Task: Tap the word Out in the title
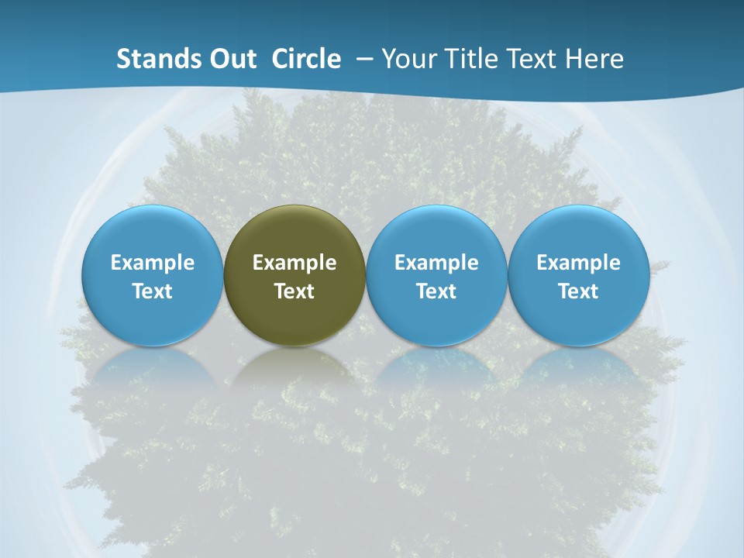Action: coord(231,59)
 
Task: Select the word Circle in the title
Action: coord(306,59)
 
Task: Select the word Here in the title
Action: coord(595,59)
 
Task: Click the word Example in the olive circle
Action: coord(294,263)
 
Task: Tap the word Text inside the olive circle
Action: coord(294,291)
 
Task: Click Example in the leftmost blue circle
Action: coord(153,263)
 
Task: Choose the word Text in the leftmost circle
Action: coord(153,291)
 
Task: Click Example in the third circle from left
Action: coord(436,263)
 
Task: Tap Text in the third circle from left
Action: coord(436,291)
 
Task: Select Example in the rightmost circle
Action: coord(578,263)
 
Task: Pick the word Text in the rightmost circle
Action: coord(578,291)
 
